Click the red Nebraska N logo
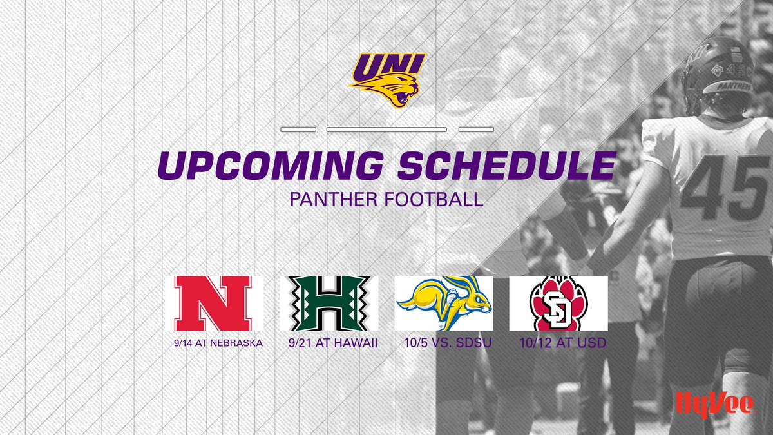(217, 303)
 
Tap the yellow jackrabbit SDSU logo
(444, 303)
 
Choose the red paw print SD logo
(558, 303)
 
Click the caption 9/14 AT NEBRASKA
(217, 343)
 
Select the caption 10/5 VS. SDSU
(444, 343)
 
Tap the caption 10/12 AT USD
(562, 343)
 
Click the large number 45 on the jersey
(725, 188)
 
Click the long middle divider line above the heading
(386, 130)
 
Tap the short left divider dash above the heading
(298, 130)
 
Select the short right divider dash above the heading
(475, 130)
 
